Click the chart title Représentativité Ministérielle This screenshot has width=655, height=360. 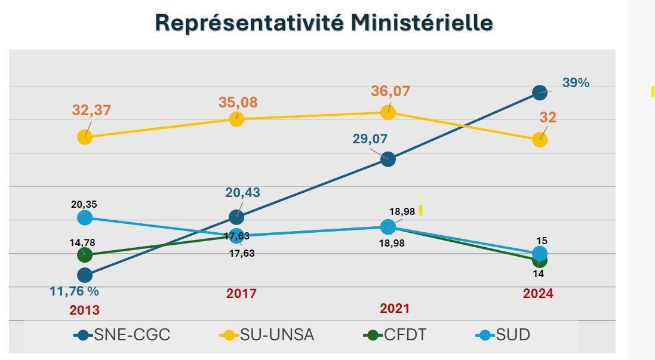pyautogui.click(x=324, y=23)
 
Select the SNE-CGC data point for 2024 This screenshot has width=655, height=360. pyautogui.click(x=539, y=93)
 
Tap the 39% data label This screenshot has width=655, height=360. pyautogui.click(x=575, y=83)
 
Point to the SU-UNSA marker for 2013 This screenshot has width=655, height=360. pyautogui.click(x=85, y=137)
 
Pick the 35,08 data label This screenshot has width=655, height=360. pyautogui.click(x=238, y=102)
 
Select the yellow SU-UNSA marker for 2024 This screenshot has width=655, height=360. pyautogui.click(x=539, y=140)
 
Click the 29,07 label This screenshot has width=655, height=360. pyautogui.click(x=370, y=139)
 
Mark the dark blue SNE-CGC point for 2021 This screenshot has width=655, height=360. pyautogui.click(x=388, y=159)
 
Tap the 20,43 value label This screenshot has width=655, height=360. pyautogui.click(x=242, y=193)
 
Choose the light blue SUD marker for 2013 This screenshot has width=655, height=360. pyautogui.click(x=85, y=218)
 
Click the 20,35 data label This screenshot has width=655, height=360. pyautogui.click(x=85, y=204)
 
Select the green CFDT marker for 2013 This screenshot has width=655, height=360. pyautogui.click(x=85, y=256)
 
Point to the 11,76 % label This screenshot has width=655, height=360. pyautogui.click(x=74, y=291)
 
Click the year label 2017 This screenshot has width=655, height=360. pyautogui.click(x=241, y=294)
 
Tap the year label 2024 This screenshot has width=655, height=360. pyautogui.click(x=538, y=294)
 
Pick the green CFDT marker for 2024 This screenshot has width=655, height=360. pyautogui.click(x=539, y=261)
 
